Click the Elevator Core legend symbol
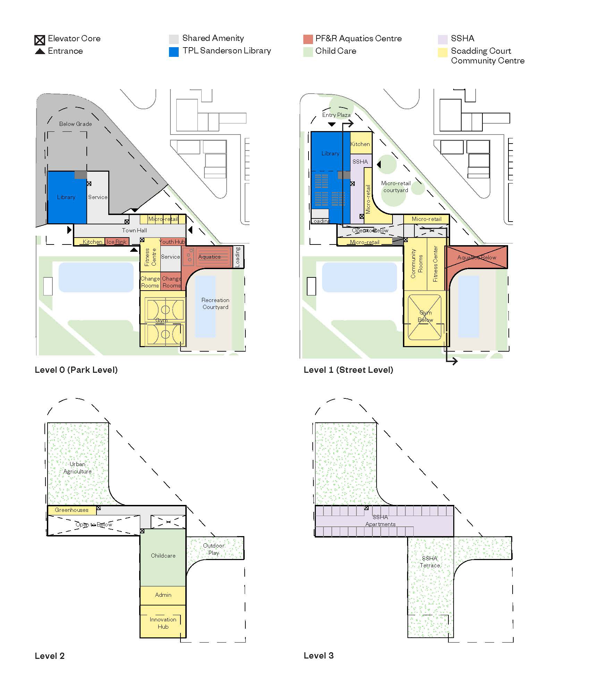pos(40,40)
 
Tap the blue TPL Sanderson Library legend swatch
pos(174,52)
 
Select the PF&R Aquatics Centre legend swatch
pos(308,39)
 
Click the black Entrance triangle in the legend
pos(40,51)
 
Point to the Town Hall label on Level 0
pos(134,230)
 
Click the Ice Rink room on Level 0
pos(117,241)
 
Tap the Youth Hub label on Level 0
pos(172,242)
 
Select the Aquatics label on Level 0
pos(209,257)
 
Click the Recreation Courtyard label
pos(216,303)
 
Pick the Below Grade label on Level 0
pos(75,124)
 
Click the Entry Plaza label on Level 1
pos(336,115)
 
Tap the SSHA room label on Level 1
pos(360,162)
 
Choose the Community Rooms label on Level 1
pos(417,264)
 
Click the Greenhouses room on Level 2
pos(71,510)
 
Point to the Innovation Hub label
pos(163,623)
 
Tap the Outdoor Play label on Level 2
pos(214,549)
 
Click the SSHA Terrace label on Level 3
pos(430,562)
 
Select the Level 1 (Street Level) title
pos(348,370)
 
